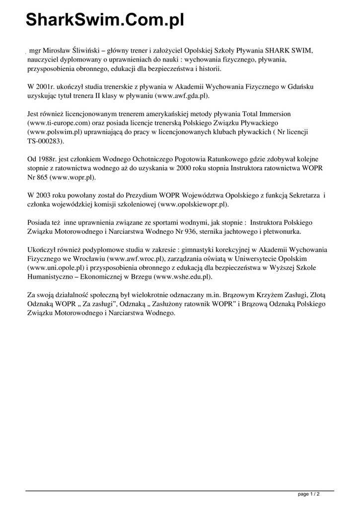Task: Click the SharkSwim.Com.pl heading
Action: tap(105, 20)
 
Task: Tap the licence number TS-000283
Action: tap(45, 141)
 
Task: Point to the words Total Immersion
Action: tap(265, 113)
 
